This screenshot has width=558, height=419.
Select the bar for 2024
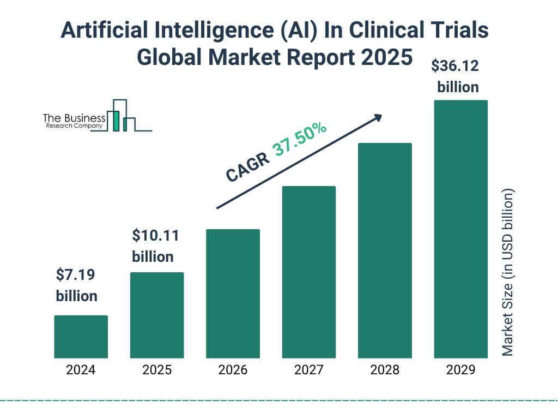pyautogui.click(x=81, y=337)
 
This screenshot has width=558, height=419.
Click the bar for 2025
pyautogui.click(x=157, y=315)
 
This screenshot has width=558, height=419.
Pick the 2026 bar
pyautogui.click(x=233, y=294)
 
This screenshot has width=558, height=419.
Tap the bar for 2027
pyautogui.click(x=309, y=272)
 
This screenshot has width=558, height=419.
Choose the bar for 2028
pyautogui.click(x=385, y=250)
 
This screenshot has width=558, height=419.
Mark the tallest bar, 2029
pyautogui.click(x=460, y=229)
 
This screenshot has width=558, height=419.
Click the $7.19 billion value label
pyautogui.click(x=76, y=285)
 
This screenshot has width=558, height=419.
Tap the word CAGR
pyautogui.click(x=246, y=167)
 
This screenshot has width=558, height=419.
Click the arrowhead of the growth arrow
pyautogui.click(x=377, y=117)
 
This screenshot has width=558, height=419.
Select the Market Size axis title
pyautogui.click(x=508, y=273)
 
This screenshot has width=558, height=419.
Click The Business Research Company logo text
pyautogui.click(x=74, y=121)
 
